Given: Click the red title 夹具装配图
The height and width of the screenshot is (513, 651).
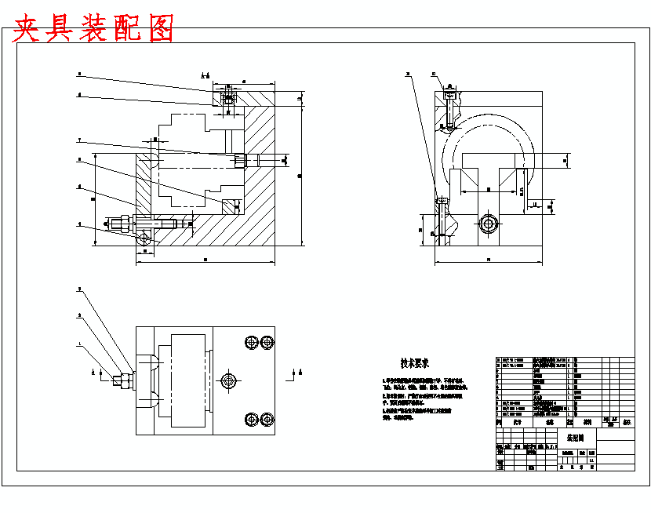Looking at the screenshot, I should (x=93, y=29).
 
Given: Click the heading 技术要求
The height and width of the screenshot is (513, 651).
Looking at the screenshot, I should (x=414, y=363).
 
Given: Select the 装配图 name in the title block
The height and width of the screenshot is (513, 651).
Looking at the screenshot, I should (x=576, y=436).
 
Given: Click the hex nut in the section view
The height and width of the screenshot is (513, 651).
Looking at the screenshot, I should (x=119, y=224).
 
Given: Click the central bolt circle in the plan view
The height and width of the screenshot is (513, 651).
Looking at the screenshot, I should (x=228, y=380).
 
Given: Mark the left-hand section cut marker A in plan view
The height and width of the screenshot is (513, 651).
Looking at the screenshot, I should (x=96, y=372).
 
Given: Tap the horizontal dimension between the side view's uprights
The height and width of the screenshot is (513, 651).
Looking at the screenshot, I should (x=489, y=189).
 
